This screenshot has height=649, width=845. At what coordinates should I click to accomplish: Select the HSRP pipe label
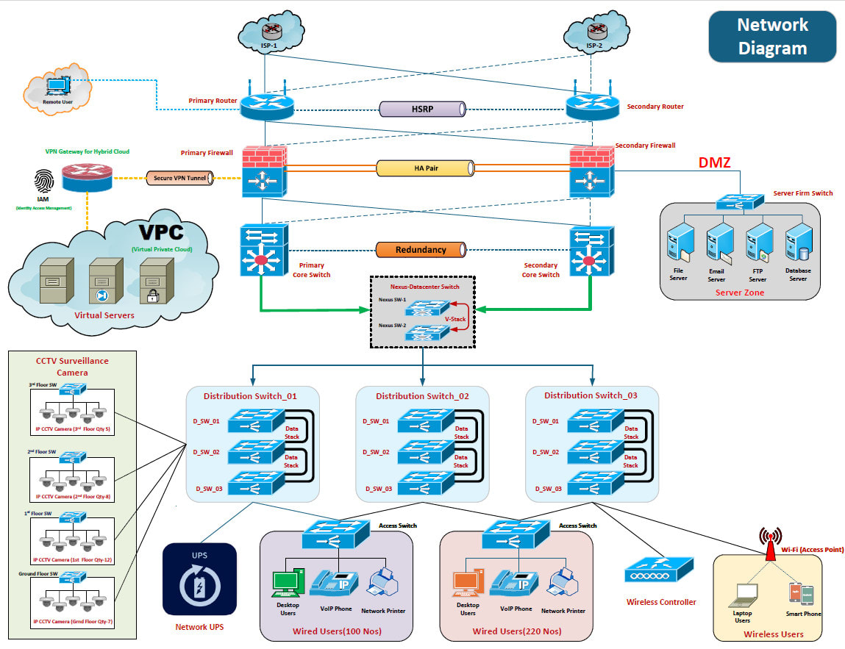click(422, 109)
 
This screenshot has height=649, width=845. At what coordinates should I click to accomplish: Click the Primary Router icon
click(266, 107)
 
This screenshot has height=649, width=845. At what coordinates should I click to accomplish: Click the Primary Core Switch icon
click(263, 251)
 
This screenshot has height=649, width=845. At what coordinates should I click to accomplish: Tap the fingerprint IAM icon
click(43, 182)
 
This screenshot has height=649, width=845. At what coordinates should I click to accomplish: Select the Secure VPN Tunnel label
click(179, 177)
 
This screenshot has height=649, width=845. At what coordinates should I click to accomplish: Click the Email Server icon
click(717, 246)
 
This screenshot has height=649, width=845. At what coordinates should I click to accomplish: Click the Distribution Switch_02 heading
click(422, 396)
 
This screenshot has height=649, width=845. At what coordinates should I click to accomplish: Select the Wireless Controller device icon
click(659, 570)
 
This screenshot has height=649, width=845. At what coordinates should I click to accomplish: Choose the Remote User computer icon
click(56, 87)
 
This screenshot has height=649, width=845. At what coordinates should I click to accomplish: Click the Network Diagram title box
click(772, 37)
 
